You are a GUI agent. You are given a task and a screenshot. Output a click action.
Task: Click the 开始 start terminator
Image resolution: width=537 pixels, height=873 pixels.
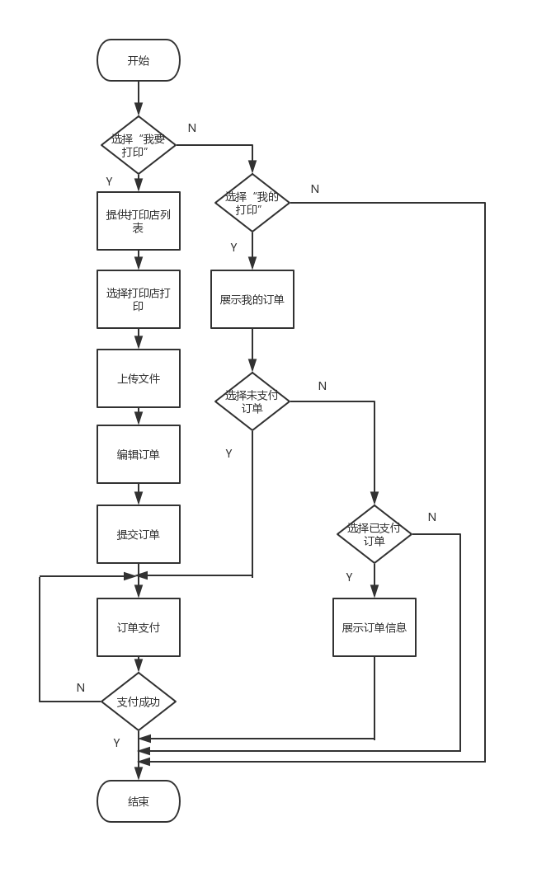139,60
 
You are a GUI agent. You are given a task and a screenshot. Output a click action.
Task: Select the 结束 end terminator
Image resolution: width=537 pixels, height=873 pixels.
139,801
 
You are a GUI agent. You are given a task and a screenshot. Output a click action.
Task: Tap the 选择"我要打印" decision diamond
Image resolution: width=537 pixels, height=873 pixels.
139,145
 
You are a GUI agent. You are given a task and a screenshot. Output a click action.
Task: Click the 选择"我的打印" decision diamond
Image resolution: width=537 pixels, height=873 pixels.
252,203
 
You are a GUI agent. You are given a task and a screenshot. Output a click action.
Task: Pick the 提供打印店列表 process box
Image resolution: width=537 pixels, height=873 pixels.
139,221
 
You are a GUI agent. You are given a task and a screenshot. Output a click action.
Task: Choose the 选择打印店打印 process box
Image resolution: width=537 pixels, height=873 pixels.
139,299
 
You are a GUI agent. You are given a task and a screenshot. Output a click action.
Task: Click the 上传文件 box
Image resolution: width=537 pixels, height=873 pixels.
139,378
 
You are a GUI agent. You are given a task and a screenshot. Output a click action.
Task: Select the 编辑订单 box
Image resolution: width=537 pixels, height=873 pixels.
139,454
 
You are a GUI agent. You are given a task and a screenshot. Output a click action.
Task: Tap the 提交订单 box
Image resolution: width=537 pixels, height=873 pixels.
139,534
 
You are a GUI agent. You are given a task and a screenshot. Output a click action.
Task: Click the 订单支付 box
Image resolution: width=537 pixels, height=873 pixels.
139,627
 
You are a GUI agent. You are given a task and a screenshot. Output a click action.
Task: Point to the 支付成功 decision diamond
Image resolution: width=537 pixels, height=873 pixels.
139,702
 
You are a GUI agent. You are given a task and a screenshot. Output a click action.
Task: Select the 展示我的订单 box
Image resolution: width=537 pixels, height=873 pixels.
252,299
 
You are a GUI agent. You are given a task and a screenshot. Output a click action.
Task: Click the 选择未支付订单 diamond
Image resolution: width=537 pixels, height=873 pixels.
252,401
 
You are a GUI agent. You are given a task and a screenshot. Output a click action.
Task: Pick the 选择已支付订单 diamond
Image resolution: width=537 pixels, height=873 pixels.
374,534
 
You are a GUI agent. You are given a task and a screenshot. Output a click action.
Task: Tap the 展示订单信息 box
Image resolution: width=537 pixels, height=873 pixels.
374,627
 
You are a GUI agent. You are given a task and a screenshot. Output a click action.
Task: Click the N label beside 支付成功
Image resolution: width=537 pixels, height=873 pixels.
81,688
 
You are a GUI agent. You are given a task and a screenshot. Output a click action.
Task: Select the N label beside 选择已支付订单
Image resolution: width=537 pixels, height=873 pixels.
432,517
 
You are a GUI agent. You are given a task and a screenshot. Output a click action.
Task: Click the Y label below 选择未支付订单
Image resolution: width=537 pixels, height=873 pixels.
228,453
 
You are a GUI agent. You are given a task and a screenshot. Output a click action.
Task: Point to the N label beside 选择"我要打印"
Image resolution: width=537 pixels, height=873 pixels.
192,128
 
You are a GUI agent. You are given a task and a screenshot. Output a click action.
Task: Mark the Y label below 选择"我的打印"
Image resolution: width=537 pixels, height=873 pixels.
233,247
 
